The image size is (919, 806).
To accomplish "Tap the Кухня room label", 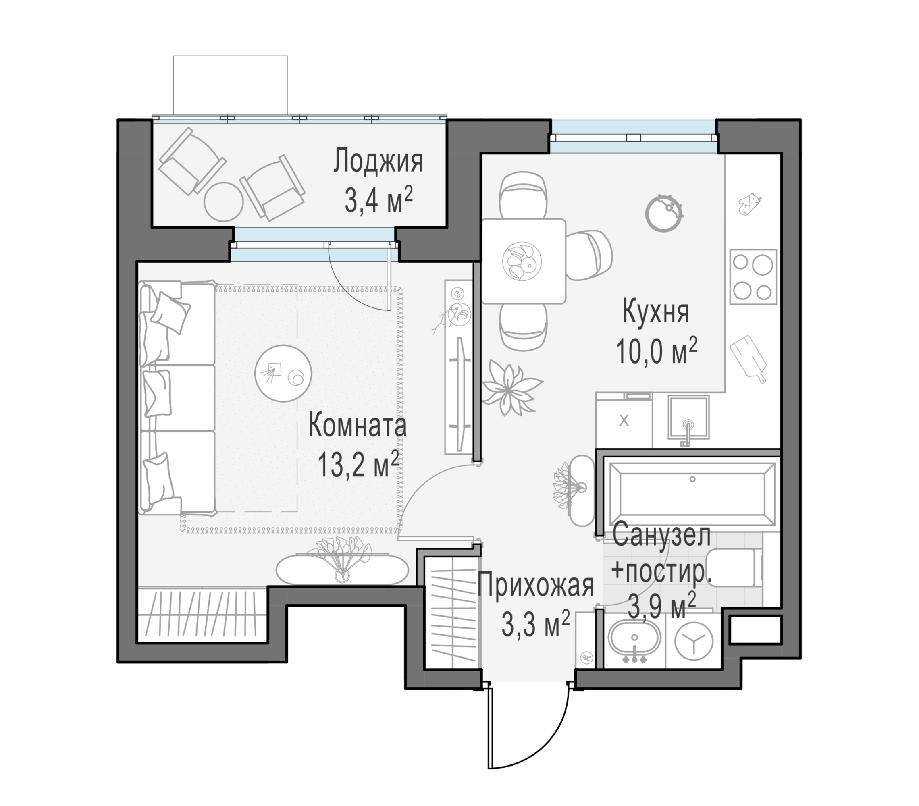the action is pyautogui.click(x=655, y=312).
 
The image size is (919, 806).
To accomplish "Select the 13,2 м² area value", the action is pyautogui.click(x=358, y=464).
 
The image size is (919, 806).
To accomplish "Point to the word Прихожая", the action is pyautogui.click(x=536, y=586).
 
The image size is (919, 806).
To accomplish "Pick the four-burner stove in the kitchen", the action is pyautogui.click(x=753, y=277).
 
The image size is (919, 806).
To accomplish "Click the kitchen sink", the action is pyautogui.click(x=688, y=417).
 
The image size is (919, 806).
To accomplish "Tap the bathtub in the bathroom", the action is pyautogui.click(x=692, y=491).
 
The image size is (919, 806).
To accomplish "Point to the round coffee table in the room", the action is pyautogui.click(x=283, y=373).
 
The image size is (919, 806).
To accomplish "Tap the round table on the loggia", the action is pyautogui.click(x=223, y=202).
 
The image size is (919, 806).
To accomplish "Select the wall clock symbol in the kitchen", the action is pyautogui.click(x=664, y=213).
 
